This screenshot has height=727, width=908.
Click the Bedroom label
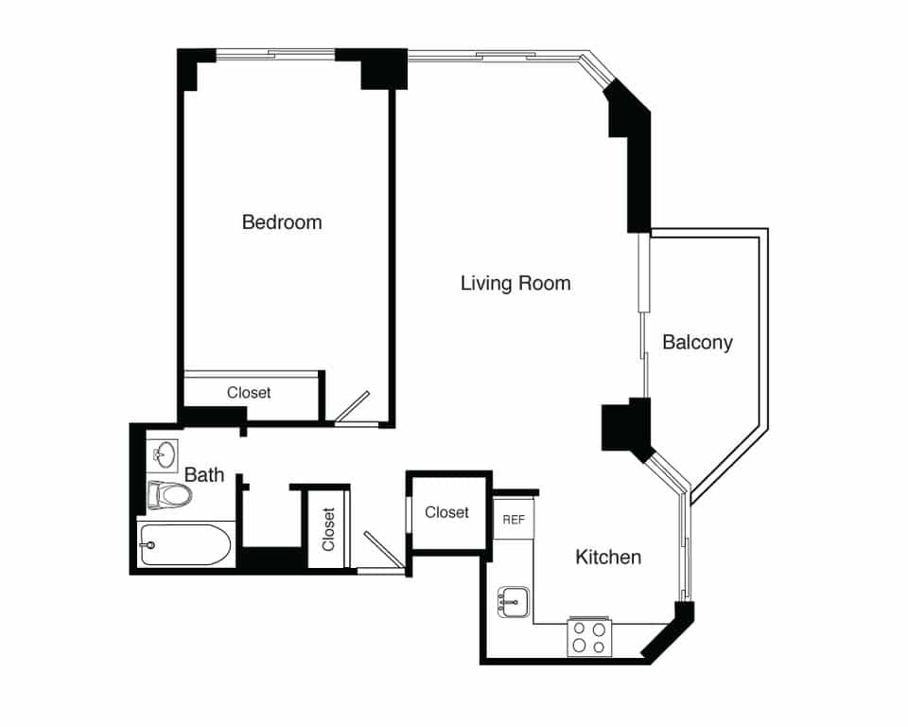[x=282, y=222]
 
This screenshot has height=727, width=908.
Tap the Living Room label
[x=515, y=283]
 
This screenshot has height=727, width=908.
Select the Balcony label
[x=697, y=342]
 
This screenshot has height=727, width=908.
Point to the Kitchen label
[x=608, y=557]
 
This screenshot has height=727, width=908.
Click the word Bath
[x=204, y=474]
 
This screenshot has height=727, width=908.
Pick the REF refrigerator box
[x=514, y=520]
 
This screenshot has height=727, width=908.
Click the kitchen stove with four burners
[x=588, y=637]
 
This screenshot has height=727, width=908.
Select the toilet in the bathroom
[x=168, y=494]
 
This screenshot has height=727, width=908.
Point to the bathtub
[x=185, y=545]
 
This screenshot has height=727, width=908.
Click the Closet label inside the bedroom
[x=249, y=392]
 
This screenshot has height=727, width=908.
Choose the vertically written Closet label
[x=328, y=530]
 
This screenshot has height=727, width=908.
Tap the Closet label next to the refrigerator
[x=446, y=512]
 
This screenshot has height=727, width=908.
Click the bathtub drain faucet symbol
[x=148, y=545]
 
